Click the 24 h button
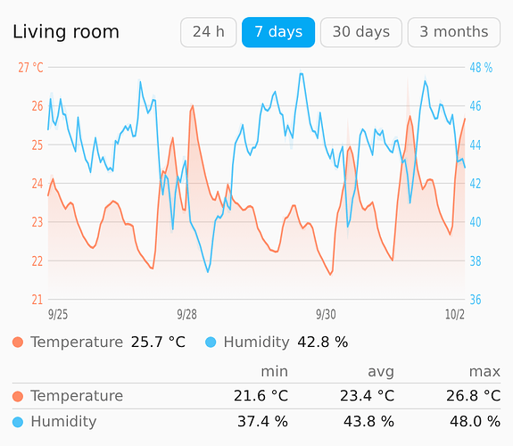tap(209, 32)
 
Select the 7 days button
tap(278, 32)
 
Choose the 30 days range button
tap(361, 32)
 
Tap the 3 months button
tap(454, 32)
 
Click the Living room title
tap(66, 32)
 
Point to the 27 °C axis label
tap(30, 68)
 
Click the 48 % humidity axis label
tap(481, 68)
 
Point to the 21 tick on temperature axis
tap(37, 300)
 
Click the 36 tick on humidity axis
tap(476, 300)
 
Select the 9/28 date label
tap(186, 315)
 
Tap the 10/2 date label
tap(454, 315)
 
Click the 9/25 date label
tap(58, 315)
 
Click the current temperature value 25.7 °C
tap(158, 343)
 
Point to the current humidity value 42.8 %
tap(323, 343)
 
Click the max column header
tap(484, 372)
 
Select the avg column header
tap(381, 372)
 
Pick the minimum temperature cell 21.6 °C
tap(261, 396)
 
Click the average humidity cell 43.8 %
tap(368, 421)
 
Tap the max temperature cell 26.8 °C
tap(473, 396)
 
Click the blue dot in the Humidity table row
tap(18, 422)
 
